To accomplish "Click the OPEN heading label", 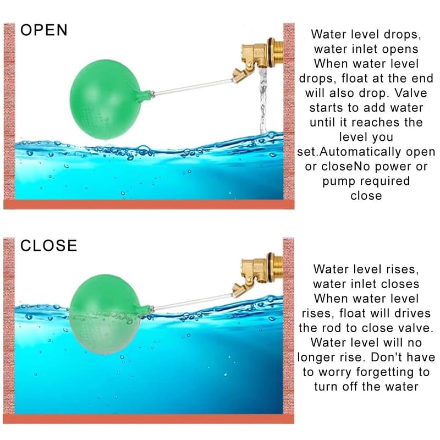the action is [44, 30].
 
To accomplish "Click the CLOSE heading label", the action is [49, 245].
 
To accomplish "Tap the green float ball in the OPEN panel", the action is [105, 100].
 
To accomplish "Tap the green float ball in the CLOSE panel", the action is [105, 314].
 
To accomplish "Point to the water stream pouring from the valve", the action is [263, 101].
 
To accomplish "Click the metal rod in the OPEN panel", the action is [193, 87].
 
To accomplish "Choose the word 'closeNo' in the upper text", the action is [338, 167].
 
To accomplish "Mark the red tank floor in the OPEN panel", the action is [148, 204].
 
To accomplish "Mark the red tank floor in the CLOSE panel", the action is [148, 419].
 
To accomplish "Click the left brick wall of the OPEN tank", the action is [9, 112].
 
